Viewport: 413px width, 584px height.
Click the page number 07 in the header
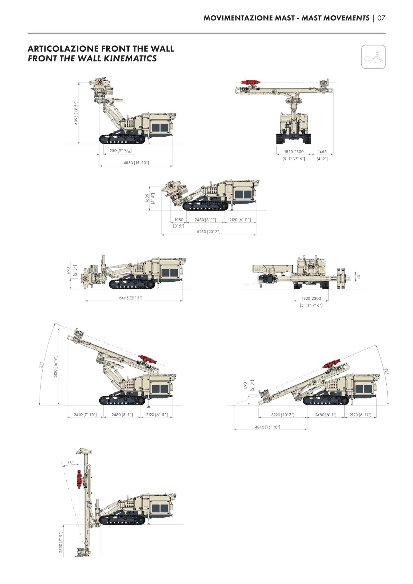381,18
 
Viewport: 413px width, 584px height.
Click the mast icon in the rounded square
373,57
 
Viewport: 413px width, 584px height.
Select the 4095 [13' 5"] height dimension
76,113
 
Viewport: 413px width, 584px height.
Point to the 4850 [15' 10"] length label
136,163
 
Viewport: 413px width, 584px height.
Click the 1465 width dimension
322,152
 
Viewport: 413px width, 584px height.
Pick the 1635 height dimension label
147,198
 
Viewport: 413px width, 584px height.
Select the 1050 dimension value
179,220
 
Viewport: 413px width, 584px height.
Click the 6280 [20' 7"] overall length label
209,231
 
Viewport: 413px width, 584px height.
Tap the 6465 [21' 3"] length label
130,298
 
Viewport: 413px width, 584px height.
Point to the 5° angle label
358,276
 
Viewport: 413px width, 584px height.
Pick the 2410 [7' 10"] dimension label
85,415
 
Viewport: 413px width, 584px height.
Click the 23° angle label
386,371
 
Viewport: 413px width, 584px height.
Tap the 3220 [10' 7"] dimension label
283,415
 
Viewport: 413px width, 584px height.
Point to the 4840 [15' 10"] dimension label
268,427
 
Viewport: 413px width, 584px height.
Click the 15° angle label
70,463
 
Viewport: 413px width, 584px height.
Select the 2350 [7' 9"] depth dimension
61,543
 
